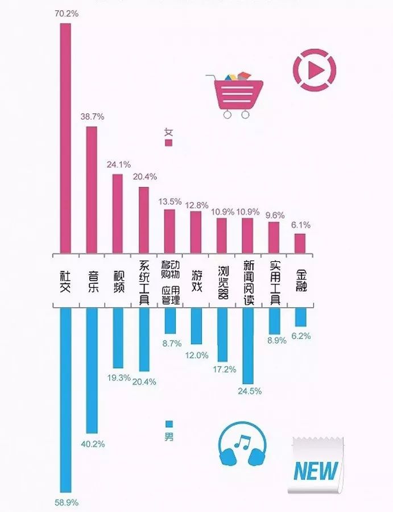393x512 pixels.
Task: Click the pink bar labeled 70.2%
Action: [x=65, y=138]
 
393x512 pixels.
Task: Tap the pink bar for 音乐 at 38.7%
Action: [x=92, y=189]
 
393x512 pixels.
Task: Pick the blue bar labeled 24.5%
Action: [x=247, y=346]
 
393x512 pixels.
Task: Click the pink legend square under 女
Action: [x=168, y=143]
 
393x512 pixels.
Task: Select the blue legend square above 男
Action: [x=168, y=424]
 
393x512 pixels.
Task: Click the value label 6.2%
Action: [x=300, y=336]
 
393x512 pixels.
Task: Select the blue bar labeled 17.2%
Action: [x=222, y=335]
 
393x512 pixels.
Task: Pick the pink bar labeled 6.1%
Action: [x=300, y=243]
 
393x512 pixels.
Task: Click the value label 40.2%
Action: [x=93, y=444]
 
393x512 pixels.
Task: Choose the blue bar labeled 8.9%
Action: [x=274, y=321]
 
